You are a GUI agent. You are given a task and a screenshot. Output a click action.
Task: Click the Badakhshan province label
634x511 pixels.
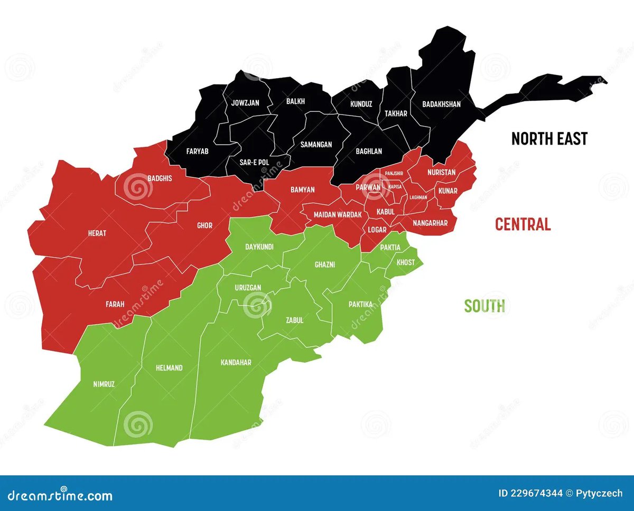[x=441, y=105]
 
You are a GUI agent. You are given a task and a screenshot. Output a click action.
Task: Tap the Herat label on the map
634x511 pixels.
[x=97, y=233]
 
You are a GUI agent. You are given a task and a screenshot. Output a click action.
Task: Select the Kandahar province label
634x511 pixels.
[x=236, y=362]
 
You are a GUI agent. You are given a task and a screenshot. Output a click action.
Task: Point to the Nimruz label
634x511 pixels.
[x=103, y=384]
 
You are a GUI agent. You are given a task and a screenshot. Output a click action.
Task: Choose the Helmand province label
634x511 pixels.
[x=169, y=367]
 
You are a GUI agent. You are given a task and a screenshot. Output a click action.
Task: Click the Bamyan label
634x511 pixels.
[x=303, y=190]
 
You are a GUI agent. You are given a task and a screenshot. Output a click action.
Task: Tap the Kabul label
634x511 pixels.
[x=386, y=212]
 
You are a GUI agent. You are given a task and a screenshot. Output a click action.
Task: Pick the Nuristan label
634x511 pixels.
[x=441, y=172]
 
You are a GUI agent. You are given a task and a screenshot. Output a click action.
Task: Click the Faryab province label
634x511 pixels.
[x=197, y=151]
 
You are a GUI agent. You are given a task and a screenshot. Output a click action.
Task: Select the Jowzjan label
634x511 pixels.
[x=245, y=103]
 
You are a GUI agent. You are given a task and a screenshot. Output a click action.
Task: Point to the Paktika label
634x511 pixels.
[x=360, y=304]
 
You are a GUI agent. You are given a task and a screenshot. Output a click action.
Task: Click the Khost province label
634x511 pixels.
[x=405, y=262]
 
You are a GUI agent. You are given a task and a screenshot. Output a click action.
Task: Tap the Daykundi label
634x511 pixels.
[x=258, y=247]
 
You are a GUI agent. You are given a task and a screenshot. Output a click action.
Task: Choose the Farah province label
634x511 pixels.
[x=115, y=304]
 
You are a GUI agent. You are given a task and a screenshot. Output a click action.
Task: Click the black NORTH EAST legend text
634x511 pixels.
[x=549, y=139]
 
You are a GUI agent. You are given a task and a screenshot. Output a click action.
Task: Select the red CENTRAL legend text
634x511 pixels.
[x=523, y=224]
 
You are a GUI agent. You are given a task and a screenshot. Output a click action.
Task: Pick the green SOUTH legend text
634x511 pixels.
[x=484, y=306]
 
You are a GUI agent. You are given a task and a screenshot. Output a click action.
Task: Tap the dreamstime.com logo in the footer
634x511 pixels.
[x=57, y=496]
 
